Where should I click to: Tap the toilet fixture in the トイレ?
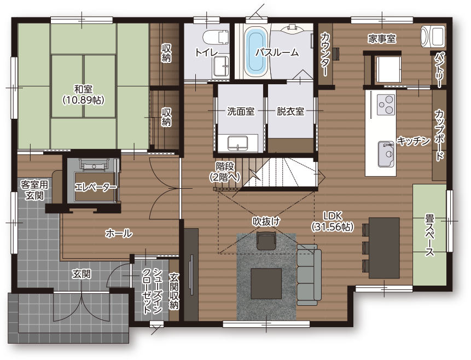(216, 37)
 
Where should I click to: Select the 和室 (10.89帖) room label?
(83, 94)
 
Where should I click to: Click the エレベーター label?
(96, 187)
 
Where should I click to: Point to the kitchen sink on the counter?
(386, 154)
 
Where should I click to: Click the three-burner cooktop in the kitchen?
(386, 104)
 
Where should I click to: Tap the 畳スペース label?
(429, 235)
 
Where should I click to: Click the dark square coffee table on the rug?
(266, 283)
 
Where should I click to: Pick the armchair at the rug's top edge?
(266, 240)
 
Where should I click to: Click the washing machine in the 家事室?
(433, 36)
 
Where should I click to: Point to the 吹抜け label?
(266, 222)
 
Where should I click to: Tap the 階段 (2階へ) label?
(225, 172)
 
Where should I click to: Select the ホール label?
(119, 233)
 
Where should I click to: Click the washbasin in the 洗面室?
(237, 143)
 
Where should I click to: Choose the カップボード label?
(439, 135)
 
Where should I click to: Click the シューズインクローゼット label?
(152, 291)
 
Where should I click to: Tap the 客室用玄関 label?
(34, 190)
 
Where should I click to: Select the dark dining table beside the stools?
(384, 248)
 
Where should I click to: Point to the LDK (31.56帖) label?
(333, 222)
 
